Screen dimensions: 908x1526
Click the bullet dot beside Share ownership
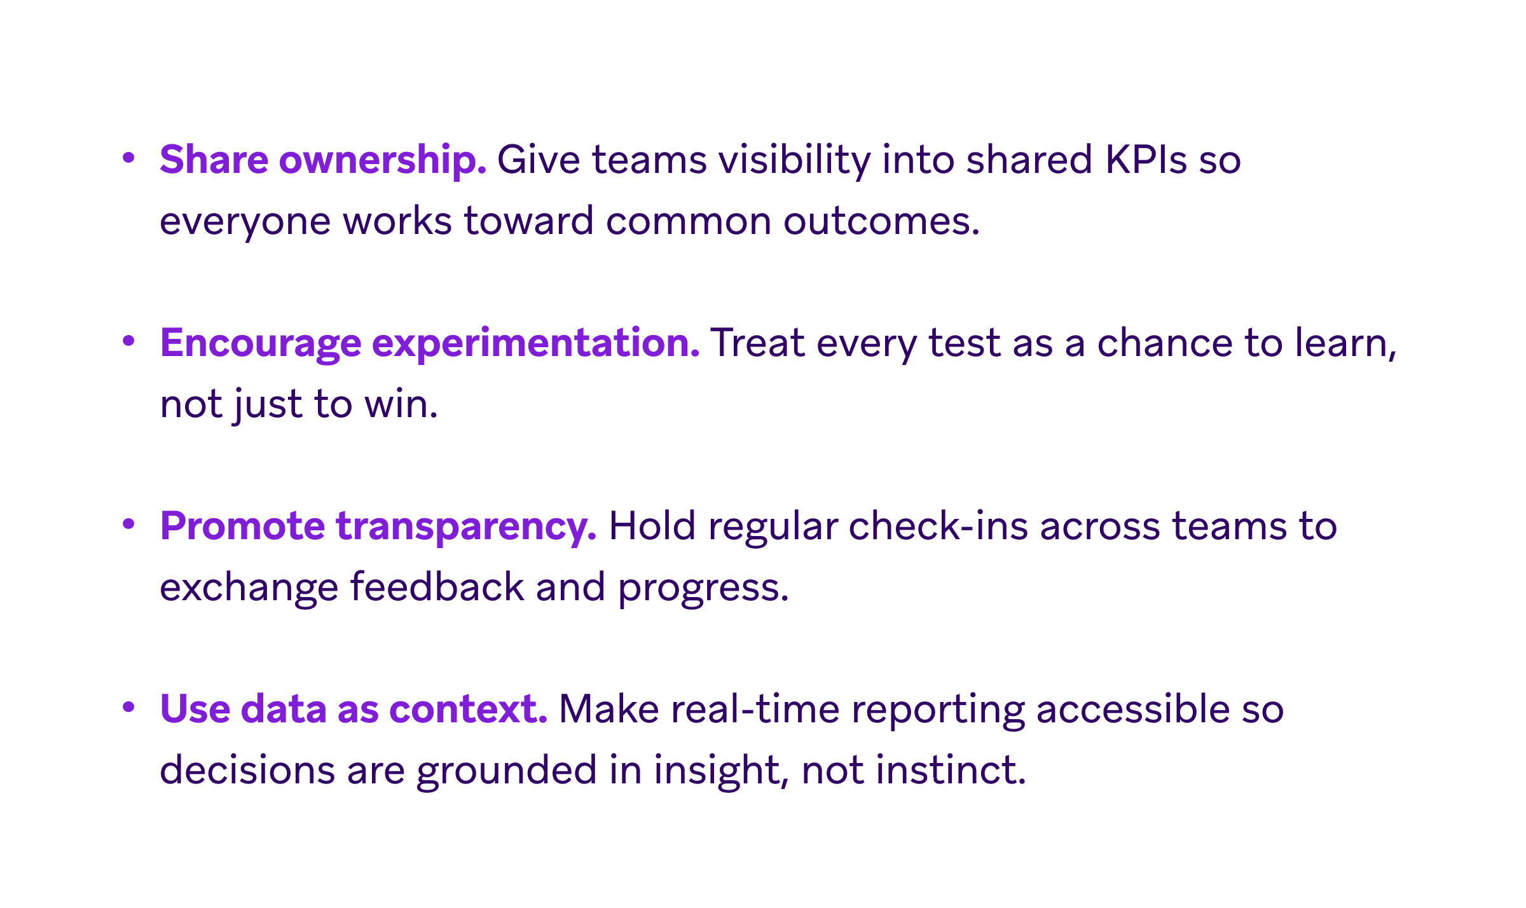click(x=128, y=157)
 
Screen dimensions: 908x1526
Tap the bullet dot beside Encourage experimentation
click(x=128, y=341)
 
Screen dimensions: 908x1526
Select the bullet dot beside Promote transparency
click(x=128, y=524)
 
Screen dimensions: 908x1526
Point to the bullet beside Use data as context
click(x=128, y=707)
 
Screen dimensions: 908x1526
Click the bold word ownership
click(x=383, y=159)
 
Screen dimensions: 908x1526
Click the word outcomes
click(x=881, y=221)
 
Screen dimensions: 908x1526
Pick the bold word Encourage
click(x=260, y=343)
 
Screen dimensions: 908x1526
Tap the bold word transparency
click(x=466, y=526)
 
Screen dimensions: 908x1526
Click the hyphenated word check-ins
click(x=938, y=526)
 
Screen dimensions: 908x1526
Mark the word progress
click(x=703, y=588)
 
